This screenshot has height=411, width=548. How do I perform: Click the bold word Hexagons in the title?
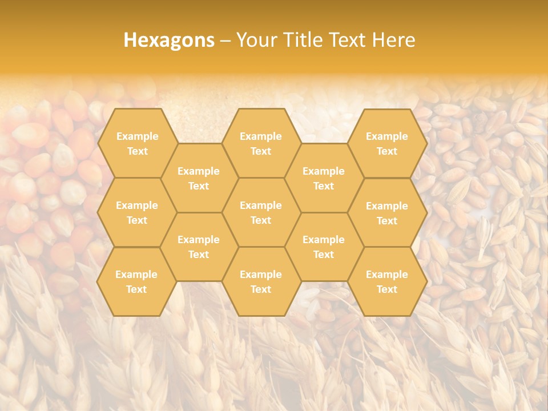(x=169, y=39)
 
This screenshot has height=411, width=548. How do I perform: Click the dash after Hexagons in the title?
(x=225, y=40)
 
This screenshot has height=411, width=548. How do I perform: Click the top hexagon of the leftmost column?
(x=137, y=143)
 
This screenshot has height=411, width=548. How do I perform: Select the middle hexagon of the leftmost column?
(x=137, y=212)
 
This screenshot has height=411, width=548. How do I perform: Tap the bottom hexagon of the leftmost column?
(x=136, y=281)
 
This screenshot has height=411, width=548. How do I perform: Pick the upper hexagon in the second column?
(x=199, y=178)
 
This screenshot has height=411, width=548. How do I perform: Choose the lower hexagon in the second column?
(x=199, y=247)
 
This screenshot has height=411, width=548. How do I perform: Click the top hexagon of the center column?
(x=261, y=143)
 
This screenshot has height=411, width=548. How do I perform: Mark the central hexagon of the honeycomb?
(x=261, y=212)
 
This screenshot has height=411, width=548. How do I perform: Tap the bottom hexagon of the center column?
(x=261, y=281)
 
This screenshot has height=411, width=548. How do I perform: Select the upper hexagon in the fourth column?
(x=324, y=178)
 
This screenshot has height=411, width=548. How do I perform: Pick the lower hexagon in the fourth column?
(x=324, y=247)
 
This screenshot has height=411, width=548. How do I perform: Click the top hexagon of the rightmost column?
(x=387, y=143)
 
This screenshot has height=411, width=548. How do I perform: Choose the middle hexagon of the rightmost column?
(x=387, y=213)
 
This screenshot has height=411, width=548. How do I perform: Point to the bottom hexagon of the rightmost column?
(x=387, y=281)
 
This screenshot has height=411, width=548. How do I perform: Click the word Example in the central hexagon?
(x=261, y=205)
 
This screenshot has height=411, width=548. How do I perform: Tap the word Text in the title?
(x=348, y=39)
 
